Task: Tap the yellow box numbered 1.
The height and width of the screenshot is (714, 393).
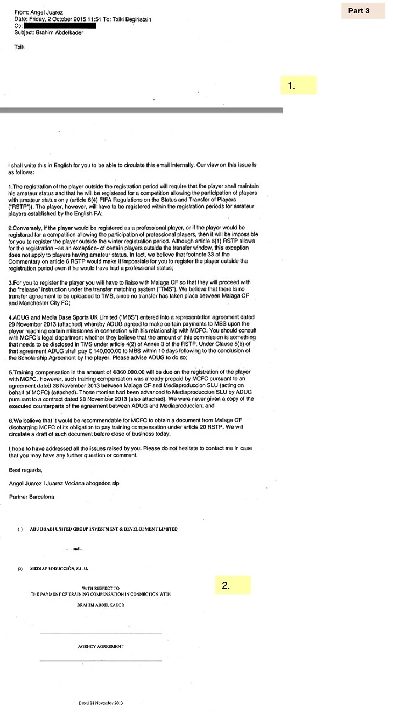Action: [298, 86]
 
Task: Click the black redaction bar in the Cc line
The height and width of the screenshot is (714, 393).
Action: [60, 25]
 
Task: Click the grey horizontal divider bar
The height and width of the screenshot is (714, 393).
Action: [141, 110]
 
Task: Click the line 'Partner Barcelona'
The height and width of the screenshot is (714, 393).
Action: [32, 496]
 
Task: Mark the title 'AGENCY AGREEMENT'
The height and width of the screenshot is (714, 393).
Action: [101, 646]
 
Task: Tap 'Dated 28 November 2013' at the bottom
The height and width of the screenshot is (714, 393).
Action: [101, 703]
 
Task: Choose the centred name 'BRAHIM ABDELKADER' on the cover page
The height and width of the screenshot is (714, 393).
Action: [101, 605]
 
